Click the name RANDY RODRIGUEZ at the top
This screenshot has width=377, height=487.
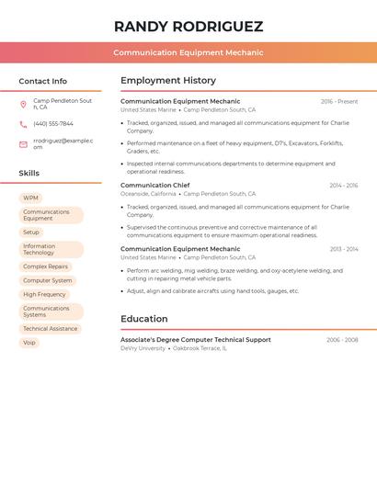[x=188, y=27]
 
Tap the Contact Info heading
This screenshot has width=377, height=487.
[x=42, y=81]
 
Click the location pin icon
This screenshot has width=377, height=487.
[x=23, y=104]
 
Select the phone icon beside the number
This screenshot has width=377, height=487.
[x=23, y=124]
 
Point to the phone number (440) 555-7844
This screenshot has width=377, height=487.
[x=53, y=124]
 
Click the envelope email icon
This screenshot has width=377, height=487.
[x=23, y=144]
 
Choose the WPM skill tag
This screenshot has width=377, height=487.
[x=30, y=198]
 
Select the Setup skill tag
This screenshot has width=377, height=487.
[x=31, y=232]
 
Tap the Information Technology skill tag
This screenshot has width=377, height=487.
[x=51, y=250]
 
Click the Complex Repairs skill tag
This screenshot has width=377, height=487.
[x=45, y=266]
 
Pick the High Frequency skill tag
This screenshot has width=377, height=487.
[x=44, y=295]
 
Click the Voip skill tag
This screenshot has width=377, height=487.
[x=29, y=343]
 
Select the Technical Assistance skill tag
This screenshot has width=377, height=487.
[x=50, y=329]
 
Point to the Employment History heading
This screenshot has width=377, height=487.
[x=168, y=81]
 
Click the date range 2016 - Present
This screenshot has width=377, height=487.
[x=339, y=102]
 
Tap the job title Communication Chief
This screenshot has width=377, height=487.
[x=154, y=186]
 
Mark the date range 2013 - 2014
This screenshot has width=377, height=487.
[x=344, y=249]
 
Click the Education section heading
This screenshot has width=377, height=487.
[x=143, y=320]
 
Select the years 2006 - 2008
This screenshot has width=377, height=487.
[x=342, y=340]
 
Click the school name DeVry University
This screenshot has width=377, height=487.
[x=143, y=349]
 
